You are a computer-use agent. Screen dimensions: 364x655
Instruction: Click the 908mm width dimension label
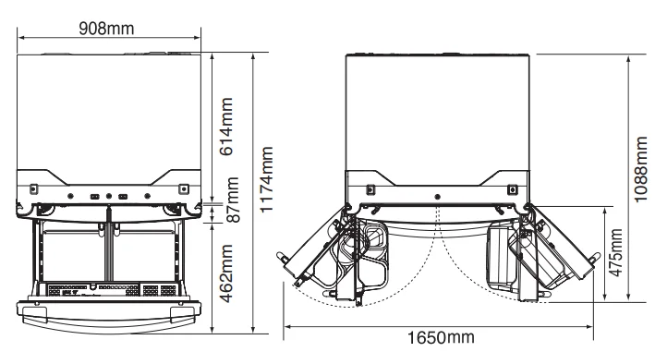pyautogui.click(x=108, y=28)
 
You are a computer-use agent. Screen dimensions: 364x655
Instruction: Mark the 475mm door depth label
pyautogui.click(x=616, y=255)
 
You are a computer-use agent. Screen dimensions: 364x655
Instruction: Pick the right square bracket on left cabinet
pyautogui.click(x=183, y=188)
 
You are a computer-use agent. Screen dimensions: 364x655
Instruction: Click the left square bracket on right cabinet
pyautogui.click(x=370, y=190)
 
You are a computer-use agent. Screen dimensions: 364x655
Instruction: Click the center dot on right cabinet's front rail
pyautogui.click(x=437, y=196)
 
